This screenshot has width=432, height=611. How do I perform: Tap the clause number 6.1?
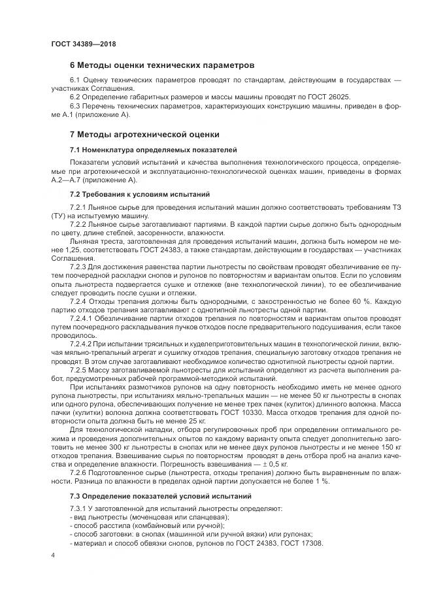pos(76,80)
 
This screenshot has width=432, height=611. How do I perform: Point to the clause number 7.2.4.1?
pos(81,318)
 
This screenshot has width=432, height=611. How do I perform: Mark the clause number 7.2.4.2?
pos(81,343)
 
